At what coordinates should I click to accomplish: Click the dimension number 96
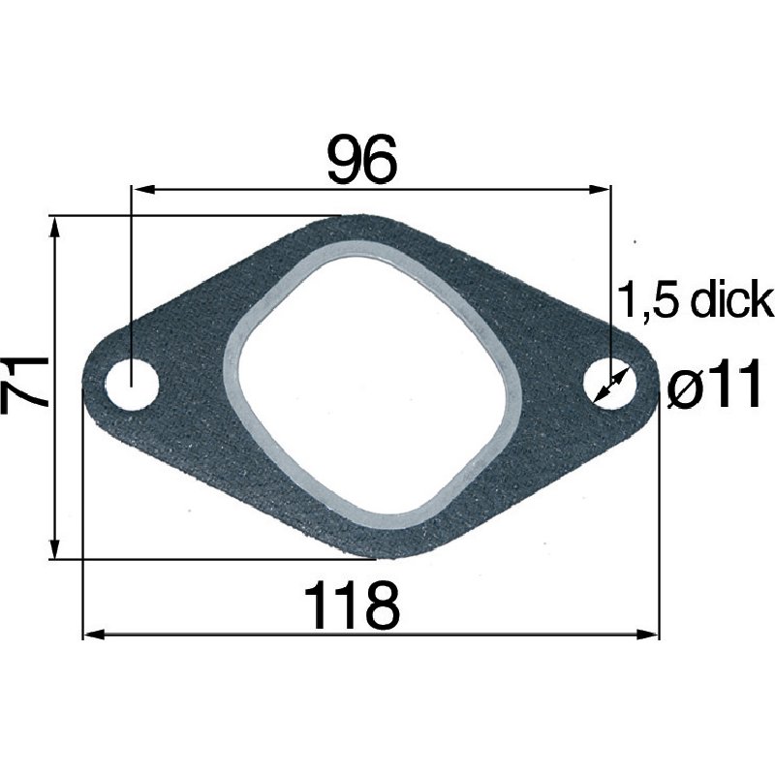point(362,160)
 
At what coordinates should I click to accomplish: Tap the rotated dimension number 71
point(26,385)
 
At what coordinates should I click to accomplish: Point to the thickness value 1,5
point(649,302)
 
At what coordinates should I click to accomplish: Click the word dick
point(732,302)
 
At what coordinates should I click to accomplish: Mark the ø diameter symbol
point(686,389)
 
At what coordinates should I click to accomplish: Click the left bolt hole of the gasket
point(132,386)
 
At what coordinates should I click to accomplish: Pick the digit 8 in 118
point(379,606)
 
